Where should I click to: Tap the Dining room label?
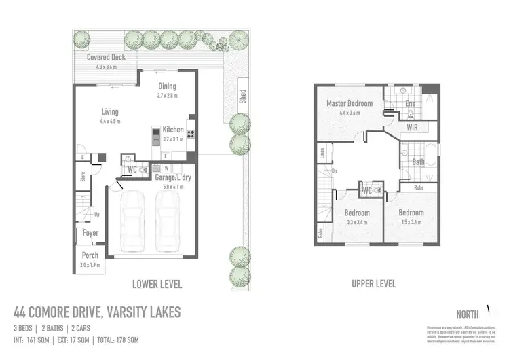tap(167, 86)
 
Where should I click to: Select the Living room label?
tap(109, 112)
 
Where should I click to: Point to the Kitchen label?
tap(172, 130)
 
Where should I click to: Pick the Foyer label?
tap(90, 233)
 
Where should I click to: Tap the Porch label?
tap(90, 255)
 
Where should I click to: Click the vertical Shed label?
tap(242, 97)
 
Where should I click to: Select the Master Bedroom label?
tap(350, 103)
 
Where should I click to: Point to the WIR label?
tap(412, 128)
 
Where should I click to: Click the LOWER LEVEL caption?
tap(157, 284)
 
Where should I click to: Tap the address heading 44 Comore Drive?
tap(97, 312)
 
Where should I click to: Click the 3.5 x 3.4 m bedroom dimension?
tap(411, 222)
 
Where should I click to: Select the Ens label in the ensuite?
tap(410, 104)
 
